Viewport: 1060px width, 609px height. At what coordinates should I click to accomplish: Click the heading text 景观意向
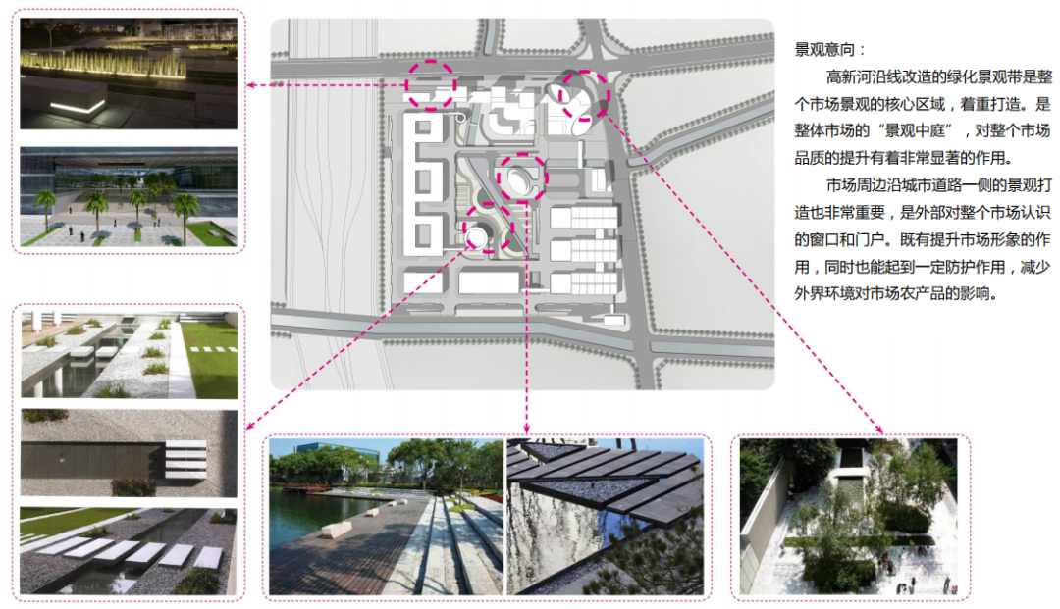[823, 49]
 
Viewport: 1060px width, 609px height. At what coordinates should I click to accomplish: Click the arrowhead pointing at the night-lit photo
[249, 85]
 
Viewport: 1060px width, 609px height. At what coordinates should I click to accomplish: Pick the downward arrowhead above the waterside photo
[527, 431]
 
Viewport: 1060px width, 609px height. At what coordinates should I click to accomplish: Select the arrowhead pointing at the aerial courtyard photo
[879, 431]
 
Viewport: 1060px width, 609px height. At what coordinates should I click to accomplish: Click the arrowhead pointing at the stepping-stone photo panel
[248, 426]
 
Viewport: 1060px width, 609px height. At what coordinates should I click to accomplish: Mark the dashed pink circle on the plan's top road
[431, 85]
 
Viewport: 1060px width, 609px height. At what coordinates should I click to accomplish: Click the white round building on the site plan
[476, 237]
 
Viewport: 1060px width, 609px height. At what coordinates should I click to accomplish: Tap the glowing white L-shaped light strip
[78, 108]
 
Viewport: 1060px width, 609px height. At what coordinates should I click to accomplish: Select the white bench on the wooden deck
[336, 530]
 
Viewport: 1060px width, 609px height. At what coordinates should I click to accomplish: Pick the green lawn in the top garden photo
[209, 358]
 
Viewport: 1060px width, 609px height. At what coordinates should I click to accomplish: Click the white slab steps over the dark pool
[185, 459]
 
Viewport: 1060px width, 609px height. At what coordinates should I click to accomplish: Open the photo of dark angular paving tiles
[605, 517]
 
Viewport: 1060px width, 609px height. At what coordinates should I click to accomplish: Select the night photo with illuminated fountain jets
[129, 74]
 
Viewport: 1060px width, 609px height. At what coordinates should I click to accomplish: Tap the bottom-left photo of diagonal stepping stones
[129, 551]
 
